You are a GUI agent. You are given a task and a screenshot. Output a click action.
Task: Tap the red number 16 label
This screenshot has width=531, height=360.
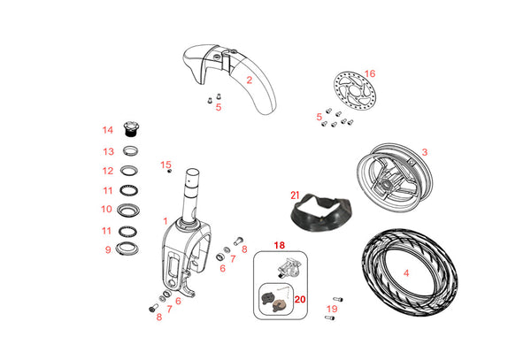[370, 74]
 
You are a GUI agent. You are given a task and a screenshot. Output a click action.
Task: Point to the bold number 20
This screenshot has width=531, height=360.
[299, 300]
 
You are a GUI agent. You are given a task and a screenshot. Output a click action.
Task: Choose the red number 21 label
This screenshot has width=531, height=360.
[296, 195]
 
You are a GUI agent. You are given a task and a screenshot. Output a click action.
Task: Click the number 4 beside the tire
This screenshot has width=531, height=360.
[407, 273]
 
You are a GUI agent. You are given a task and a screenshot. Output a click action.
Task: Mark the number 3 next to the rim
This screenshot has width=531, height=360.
[424, 153]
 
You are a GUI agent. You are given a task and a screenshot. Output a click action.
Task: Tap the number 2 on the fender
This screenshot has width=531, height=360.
[250, 80]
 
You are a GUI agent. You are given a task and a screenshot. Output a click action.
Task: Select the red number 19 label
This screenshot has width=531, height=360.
[331, 310]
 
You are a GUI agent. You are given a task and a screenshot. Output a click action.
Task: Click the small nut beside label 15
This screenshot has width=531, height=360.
[168, 172]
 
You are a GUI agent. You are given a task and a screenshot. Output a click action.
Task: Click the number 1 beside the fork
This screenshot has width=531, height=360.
[165, 219]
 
